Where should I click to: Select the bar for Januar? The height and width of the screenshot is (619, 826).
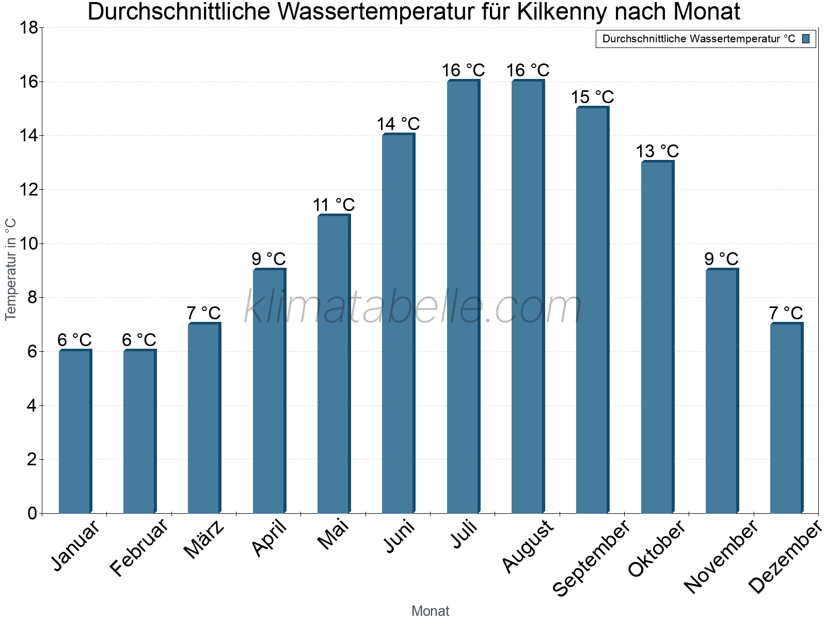pos(75,432)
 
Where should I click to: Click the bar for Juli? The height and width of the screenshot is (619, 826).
pos(463,297)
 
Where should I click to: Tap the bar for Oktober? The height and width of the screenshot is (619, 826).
pos(657,337)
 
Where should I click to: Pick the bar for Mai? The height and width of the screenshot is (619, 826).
pos(333,364)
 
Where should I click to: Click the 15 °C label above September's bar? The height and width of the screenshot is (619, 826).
pos(592,97)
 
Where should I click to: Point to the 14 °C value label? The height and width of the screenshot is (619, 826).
pos(398,124)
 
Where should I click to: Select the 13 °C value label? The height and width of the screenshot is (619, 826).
pos(657,151)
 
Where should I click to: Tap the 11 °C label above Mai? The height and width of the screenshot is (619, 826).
pos(333,205)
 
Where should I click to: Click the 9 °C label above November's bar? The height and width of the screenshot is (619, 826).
pos(722,259)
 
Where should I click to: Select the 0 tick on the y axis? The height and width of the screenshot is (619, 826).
pos(32,513)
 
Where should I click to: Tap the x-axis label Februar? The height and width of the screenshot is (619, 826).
pos(138,548)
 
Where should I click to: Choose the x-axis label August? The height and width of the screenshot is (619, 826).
pos(528,547)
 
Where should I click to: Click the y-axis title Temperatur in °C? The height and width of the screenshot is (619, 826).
pos(11,270)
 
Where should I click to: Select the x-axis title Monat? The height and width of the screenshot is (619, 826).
pos(430,611)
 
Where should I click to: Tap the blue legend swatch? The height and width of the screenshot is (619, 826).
pos(806,39)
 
